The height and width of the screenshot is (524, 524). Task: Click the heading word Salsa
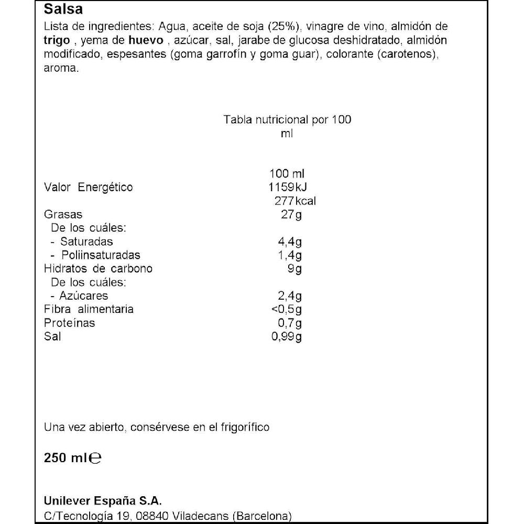[63, 9]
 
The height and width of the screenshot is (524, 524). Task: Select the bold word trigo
[56, 41]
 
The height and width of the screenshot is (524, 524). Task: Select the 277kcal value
[295, 201]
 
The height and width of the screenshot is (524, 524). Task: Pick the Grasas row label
[63, 215]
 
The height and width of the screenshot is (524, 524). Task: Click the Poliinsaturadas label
[101, 255]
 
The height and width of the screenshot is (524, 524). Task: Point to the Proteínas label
[70, 323]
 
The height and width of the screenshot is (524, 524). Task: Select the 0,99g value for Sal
[287, 336]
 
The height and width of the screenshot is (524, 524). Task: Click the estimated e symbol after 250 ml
[95, 458]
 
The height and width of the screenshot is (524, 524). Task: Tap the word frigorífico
[244, 428]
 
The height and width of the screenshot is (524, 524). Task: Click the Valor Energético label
[88, 188]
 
